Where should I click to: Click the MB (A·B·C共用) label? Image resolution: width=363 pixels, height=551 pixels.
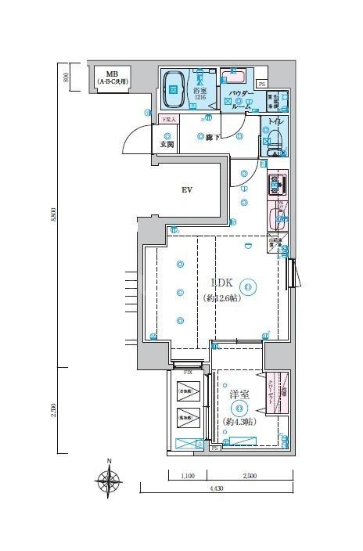(x=112, y=76)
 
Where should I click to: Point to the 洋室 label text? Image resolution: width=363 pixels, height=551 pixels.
(x=239, y=396)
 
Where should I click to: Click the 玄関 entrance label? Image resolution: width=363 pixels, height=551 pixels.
(x=166, y=145)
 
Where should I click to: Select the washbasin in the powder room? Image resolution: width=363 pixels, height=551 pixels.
(x=232, y=77)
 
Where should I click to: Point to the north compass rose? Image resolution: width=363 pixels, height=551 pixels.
(x=109, y=479)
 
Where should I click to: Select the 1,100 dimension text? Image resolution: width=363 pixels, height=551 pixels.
(x=187, y=475)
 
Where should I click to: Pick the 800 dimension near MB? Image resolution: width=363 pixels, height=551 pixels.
(x=66, y=76)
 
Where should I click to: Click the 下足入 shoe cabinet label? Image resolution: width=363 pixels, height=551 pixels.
(x=167, y=119)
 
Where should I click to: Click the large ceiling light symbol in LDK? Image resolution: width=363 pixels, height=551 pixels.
(x=248, y=287)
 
